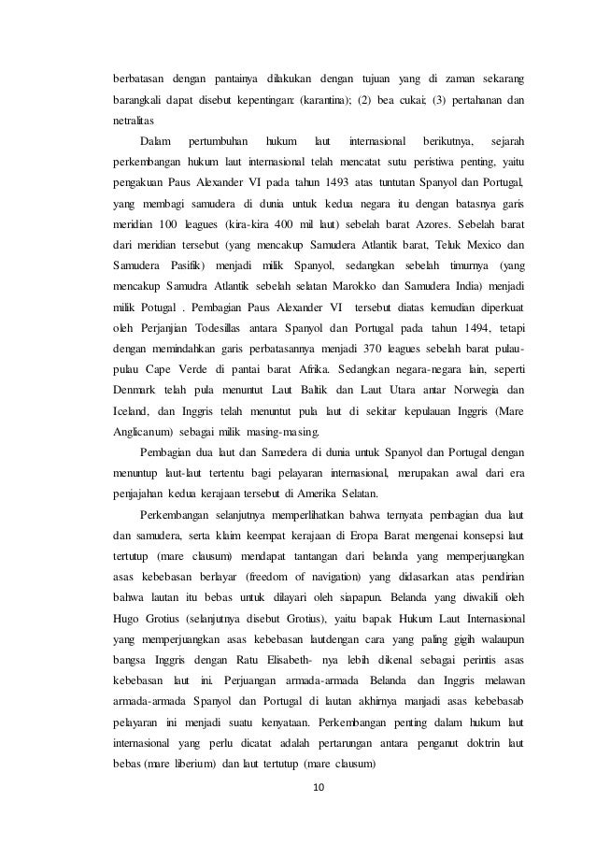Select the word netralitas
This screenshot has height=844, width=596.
123,122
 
